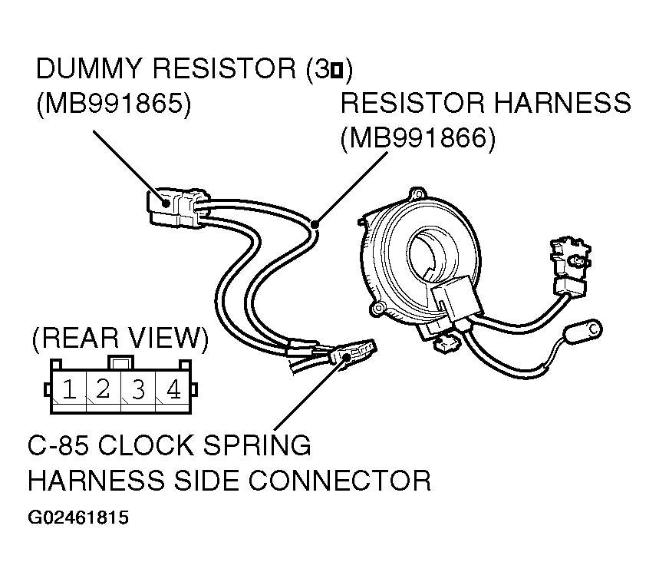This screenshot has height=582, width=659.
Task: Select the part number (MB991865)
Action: click(x=113, y=104)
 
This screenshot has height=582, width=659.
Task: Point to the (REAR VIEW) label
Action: click(x=120, y=338)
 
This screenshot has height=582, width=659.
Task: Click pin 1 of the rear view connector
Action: click(x=68, y=389)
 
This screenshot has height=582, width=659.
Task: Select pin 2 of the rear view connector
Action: click(x=103, y=389)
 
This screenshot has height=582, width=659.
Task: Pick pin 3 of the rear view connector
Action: click(x=138, y=389)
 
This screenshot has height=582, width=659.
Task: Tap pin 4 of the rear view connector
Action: click(x=173, y=389)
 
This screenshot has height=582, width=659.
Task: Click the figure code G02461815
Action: click(x=78, y=518)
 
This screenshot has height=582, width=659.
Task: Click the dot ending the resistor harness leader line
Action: click(x=315, y=223)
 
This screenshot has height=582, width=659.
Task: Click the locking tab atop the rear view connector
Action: click(x=120, y=360)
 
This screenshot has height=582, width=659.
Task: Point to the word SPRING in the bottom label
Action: click(x=259, y=445)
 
